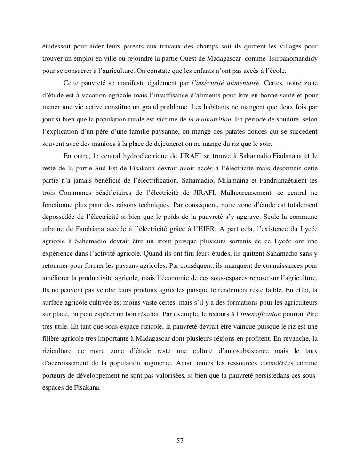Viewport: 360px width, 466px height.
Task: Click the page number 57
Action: click(x=180, y=441)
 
